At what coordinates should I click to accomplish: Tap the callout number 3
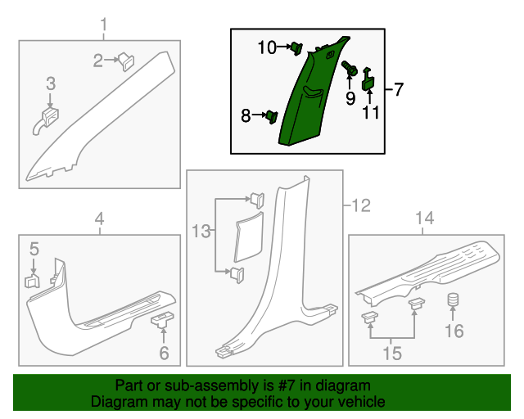[x=50, y=83]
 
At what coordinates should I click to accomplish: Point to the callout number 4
[x=99, y=219]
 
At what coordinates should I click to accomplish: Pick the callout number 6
[x=164, y=354]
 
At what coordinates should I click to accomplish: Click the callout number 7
[x=399, y=89]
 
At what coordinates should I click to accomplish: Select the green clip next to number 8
[x=269, y=116]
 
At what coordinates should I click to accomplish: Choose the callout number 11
[x=372, y=112]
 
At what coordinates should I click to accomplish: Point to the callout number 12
[x=361, y=205]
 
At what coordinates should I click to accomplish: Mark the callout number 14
[x=423, y=218]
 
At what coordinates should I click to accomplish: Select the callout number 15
[x=392, y=353]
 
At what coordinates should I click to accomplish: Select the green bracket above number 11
[x=368, y=79]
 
